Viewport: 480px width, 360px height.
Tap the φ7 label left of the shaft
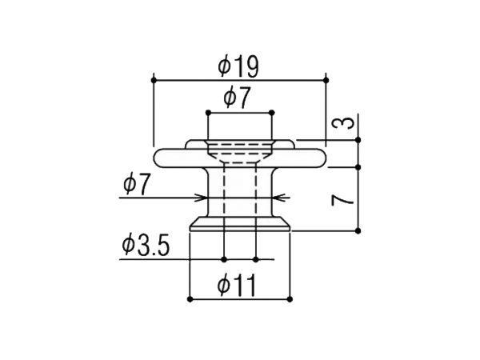[137, 185]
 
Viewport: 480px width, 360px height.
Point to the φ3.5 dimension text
[146, 246]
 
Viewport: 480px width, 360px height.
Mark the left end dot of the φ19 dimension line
[152, 79]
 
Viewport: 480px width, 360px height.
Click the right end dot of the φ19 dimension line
[326, 79]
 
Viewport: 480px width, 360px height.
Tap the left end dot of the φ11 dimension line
[190, 298]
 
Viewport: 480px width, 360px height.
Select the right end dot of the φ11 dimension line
[290, 298]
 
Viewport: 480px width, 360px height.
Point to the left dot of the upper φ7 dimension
[208, 112]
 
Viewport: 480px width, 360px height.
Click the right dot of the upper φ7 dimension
[272, 112]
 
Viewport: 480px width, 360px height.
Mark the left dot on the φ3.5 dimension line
[225, 259]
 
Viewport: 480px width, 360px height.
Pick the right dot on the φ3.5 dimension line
[255, 259]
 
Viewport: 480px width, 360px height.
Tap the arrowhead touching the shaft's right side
[277, 198]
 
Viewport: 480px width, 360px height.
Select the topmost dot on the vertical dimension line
[358, 140]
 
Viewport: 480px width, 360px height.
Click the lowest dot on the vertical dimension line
[358, 230]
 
